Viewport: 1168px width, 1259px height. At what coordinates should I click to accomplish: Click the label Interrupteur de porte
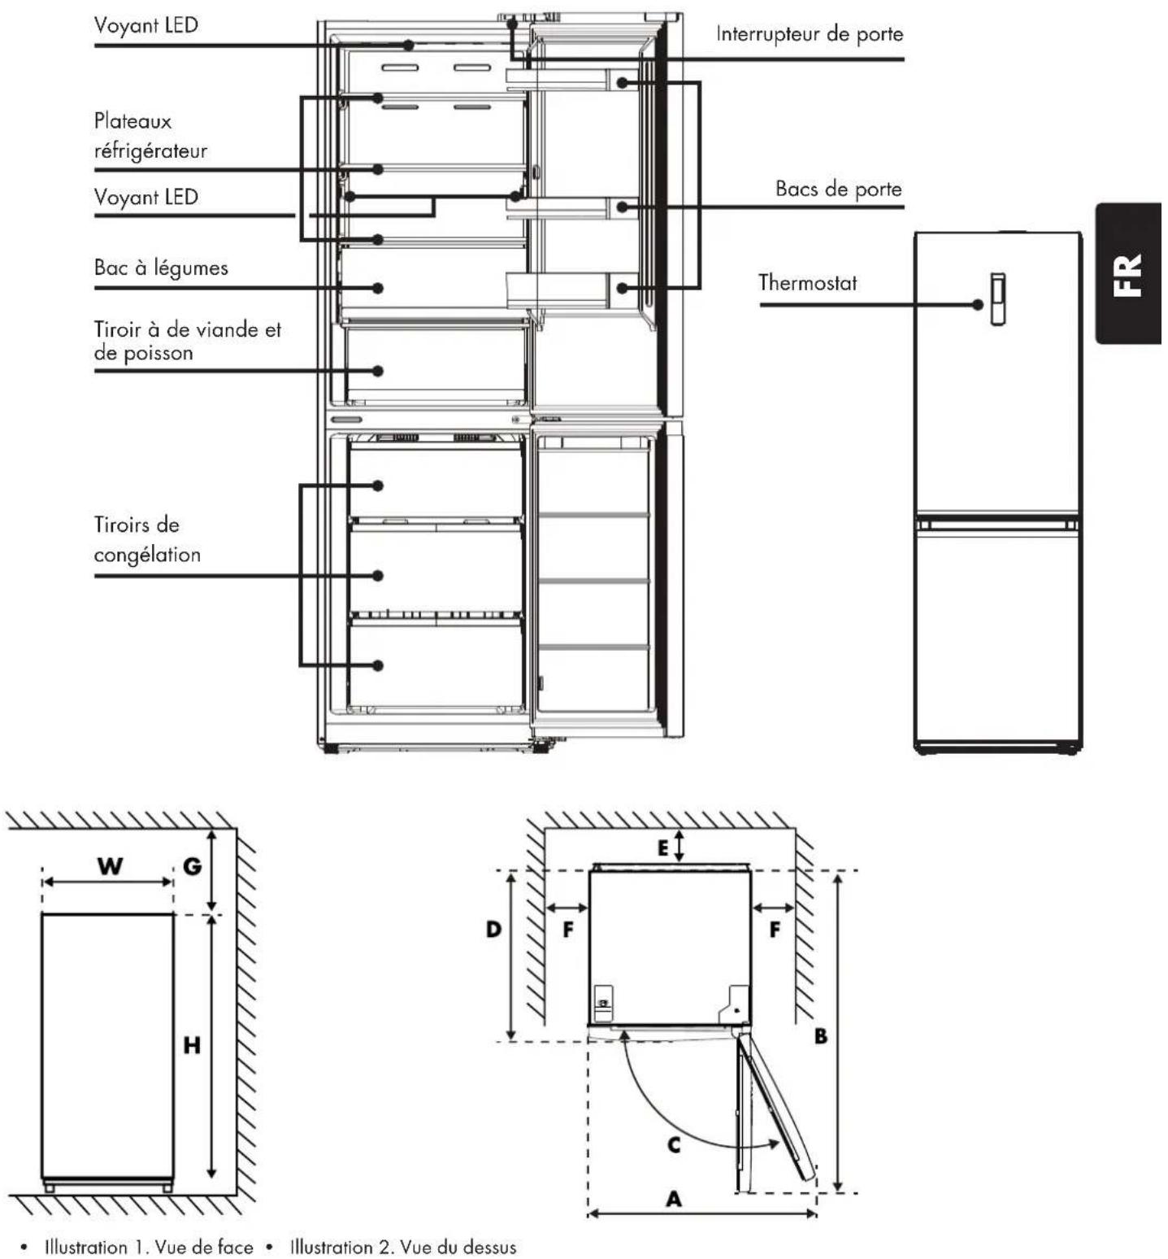point(809,34)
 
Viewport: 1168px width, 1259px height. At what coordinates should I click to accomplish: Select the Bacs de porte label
point(839,189)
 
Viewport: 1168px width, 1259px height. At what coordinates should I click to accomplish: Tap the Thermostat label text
point(807,283)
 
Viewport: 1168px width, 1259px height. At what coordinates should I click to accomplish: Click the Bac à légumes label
point(161,268)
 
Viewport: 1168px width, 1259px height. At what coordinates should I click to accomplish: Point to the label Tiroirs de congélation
point(147,539)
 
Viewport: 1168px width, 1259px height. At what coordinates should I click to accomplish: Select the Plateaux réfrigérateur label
point(150,136)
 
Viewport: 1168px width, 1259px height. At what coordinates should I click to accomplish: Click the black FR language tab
point(1130,274)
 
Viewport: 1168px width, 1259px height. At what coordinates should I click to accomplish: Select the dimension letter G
point(192,865)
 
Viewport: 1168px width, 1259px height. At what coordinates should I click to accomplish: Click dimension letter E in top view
point(663,847)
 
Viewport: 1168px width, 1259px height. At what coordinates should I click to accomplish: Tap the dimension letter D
point(493,928)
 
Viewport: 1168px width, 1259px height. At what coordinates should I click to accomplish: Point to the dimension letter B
point(821,1036)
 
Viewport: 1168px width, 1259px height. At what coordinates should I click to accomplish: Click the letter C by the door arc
point(674,1145)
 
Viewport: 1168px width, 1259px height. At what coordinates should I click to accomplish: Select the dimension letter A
point(674,1198)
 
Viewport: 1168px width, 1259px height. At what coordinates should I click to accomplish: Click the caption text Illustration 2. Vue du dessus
point(403,1247)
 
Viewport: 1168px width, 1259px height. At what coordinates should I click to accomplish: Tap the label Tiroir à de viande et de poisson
point(188,341)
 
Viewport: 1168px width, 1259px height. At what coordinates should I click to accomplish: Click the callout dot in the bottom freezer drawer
point(378,665)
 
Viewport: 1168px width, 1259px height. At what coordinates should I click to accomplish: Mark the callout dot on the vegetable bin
point(378,288)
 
